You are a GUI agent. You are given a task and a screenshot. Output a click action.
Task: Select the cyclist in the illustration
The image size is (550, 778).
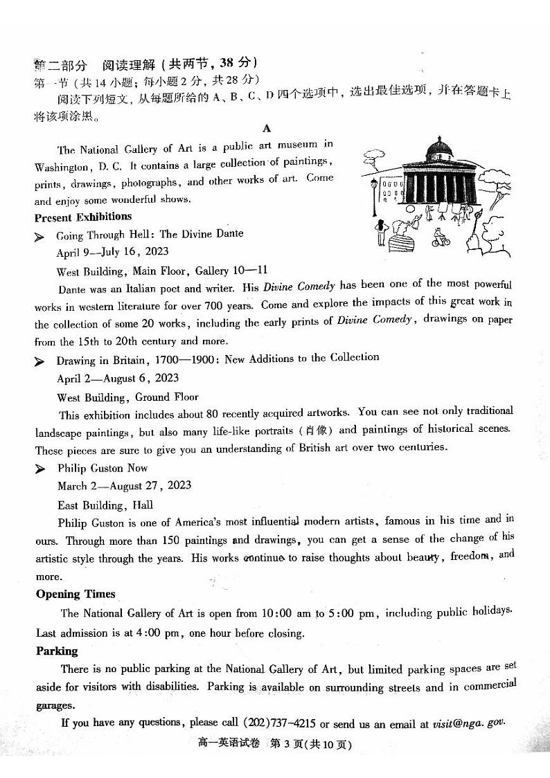(x=441, y=237)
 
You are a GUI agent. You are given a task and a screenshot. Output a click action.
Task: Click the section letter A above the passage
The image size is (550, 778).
(x=267, y=129)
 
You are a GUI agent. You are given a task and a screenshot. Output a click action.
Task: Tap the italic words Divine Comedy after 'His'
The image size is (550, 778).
(x=305, y=286)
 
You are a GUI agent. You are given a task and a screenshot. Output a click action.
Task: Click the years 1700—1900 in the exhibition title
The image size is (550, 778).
(x=184, y=359)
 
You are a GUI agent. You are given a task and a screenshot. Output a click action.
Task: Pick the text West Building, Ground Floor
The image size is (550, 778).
(x=127, y=397)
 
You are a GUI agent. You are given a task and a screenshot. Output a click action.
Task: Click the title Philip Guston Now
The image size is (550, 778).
(x=103, y=469)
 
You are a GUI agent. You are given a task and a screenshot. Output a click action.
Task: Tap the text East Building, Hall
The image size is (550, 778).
(x=105, y=505)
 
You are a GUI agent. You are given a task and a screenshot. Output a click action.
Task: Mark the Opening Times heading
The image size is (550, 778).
(x=76, y=594)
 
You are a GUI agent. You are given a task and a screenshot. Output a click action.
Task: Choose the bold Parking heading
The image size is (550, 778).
(x=57, y=651)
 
